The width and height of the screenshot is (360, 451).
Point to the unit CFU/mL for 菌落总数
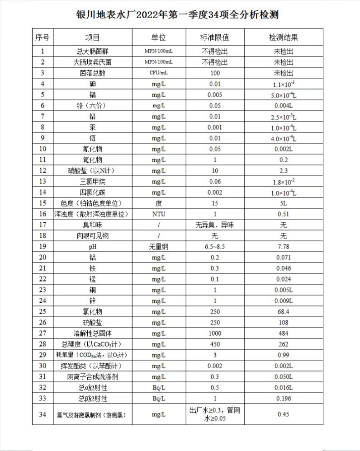[158, 73]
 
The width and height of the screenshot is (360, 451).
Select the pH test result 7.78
[284, 247]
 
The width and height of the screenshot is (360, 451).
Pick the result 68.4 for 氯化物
[284, 312]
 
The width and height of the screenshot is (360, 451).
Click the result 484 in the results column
[284, 334]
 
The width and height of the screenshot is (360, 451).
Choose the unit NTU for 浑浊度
[158, 214]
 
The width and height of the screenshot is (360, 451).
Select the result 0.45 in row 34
[284, 414]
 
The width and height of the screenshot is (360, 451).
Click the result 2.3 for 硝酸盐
[284, 170]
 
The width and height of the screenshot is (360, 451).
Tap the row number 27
[42, 334]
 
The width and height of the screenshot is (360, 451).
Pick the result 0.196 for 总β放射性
[284, 399]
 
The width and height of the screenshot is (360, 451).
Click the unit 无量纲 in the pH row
[158, 247]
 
